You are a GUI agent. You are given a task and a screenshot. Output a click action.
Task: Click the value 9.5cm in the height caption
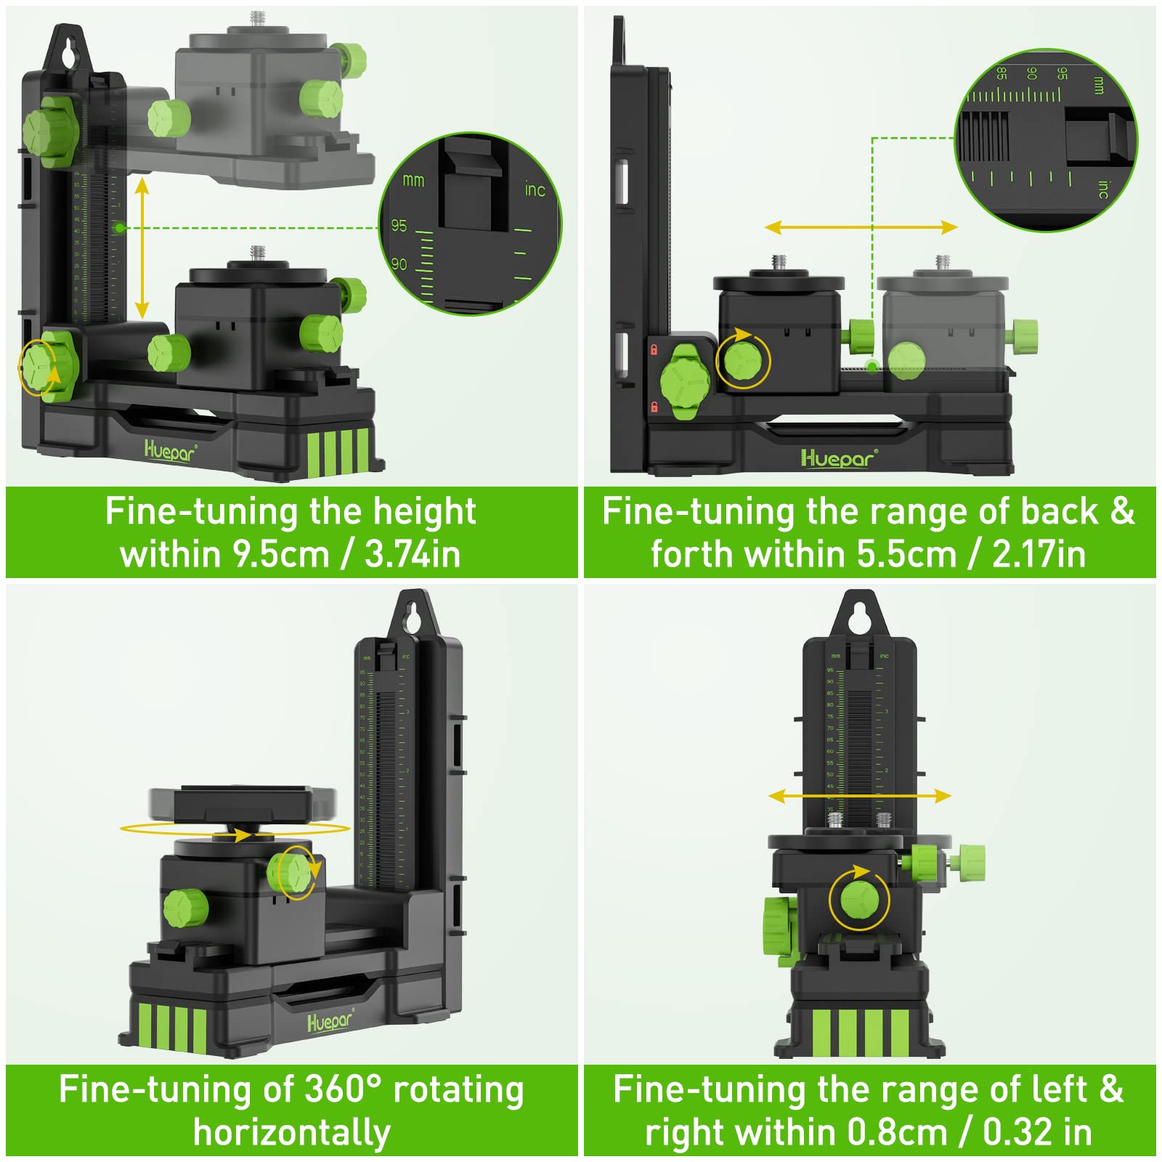coord(280,555)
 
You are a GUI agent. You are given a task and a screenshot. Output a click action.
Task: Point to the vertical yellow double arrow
coord(142,248)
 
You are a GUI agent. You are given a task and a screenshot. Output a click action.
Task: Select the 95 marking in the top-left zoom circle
coord(399,226)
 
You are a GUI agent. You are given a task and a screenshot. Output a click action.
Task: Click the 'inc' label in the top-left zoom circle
coord(535,190)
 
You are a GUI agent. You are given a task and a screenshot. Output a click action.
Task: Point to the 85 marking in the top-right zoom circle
coord(1001,73)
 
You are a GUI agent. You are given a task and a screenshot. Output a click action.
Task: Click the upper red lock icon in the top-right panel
coord(654,350)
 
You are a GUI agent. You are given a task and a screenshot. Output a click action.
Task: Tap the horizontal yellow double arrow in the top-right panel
coord(861,227)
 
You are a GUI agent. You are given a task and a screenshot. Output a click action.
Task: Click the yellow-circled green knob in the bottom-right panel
coord(859,900)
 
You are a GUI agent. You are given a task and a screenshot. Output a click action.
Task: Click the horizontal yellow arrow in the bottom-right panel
coord(860,796)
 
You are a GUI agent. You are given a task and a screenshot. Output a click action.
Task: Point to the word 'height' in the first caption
coord(424,512)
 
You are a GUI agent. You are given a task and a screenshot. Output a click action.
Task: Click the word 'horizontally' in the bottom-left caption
coord(292,1133)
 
